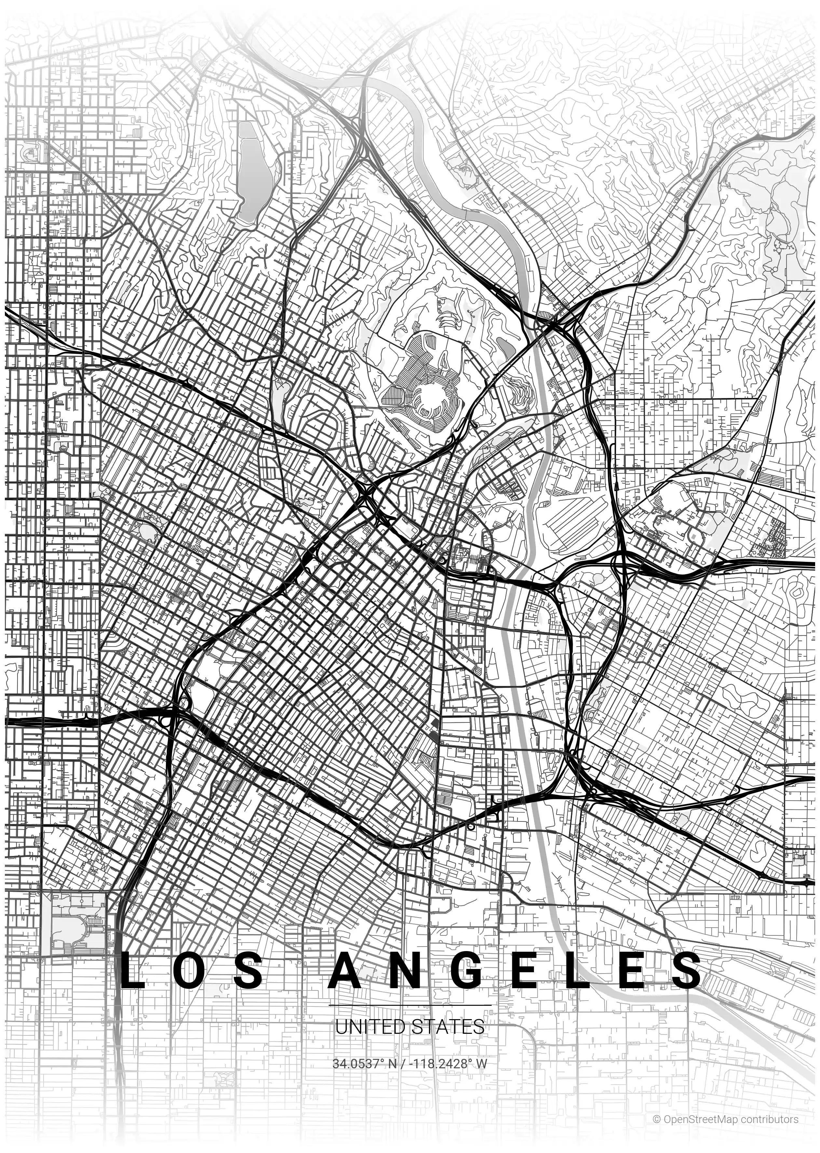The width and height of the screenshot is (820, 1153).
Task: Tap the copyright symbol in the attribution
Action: [656, 1119]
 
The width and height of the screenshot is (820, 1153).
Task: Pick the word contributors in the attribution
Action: [770, 1119]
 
